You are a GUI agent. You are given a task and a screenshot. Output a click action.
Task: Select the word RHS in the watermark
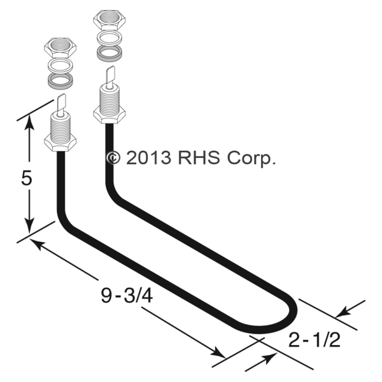[x=199, y=157]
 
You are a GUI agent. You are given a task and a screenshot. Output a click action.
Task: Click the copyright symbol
[x=113, y=157]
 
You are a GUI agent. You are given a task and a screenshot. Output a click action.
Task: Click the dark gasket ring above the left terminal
[x=61, y=81]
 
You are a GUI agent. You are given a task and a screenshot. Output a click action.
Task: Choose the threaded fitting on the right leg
[x=108, y=102]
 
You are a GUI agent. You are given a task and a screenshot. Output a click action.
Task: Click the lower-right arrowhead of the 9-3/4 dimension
[x=220, y=352]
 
